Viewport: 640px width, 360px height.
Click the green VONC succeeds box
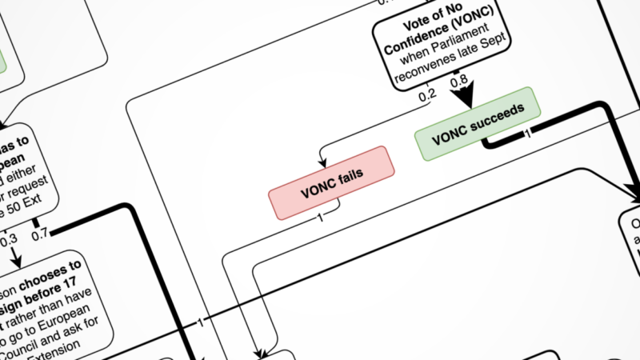(478, 123)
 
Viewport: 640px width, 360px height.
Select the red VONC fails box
(332, 183)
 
